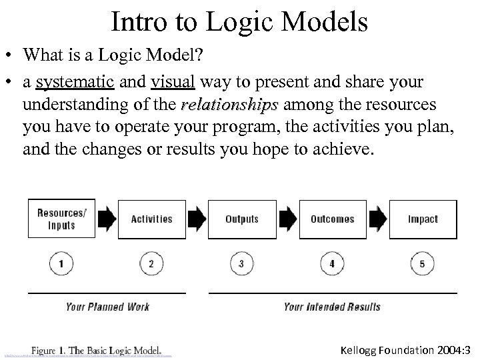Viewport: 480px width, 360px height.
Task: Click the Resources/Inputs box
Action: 61,219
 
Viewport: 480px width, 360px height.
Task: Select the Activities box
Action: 151,219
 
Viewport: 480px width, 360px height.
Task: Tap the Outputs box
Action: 241,219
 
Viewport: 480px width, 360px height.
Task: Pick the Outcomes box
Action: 332,219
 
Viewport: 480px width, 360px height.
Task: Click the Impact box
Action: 423,219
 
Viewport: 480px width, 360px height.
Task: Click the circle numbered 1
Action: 61,264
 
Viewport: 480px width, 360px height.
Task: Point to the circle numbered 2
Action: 151,264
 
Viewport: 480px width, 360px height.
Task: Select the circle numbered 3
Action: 241,264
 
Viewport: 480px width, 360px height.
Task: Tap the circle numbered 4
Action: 332,264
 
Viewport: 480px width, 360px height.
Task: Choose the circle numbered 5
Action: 423,264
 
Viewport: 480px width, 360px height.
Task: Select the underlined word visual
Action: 173,83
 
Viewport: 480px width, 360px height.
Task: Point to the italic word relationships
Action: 229,105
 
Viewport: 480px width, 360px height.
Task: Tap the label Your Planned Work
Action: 107,307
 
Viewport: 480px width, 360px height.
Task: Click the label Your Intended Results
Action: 331,307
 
